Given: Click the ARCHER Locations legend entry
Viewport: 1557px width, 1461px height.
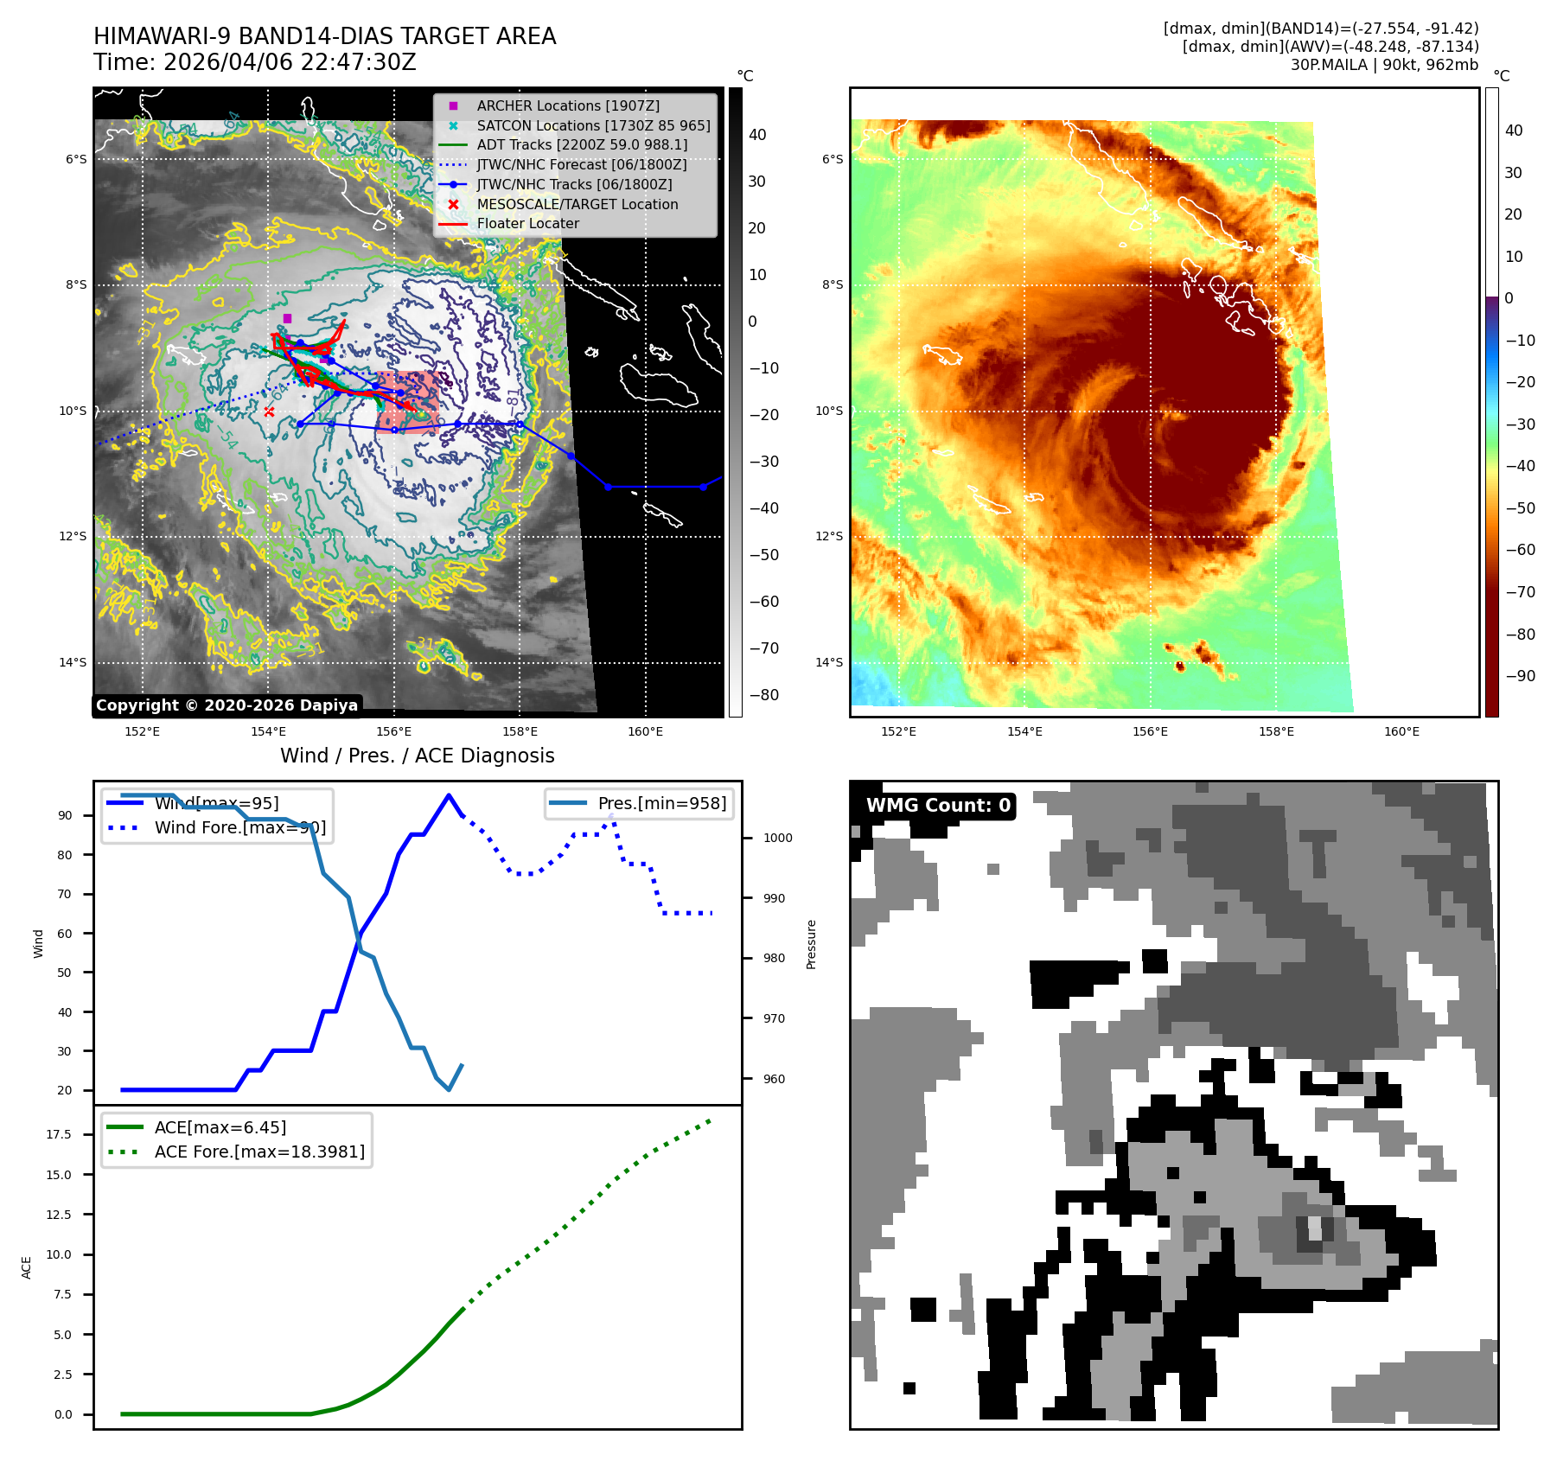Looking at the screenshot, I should pos(568,105).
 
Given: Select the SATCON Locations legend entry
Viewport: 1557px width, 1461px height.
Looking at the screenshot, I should pos(593,125).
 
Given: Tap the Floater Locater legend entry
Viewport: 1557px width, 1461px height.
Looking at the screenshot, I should pos(527,223).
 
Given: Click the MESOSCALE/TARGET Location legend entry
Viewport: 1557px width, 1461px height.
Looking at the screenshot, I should pos(577,204).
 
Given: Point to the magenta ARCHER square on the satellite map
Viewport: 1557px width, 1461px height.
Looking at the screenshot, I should pos(287,318).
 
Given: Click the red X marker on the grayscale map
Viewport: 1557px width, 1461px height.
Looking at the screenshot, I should pos(269,412).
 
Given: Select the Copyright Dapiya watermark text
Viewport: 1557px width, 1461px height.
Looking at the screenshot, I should pos(227,705).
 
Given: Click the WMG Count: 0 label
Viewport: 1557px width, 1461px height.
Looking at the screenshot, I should pos(938,806).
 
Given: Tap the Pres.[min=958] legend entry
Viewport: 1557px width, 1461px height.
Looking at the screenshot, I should pos(661,803).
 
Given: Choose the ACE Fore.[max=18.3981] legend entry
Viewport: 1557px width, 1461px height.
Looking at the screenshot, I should pos(259,1152).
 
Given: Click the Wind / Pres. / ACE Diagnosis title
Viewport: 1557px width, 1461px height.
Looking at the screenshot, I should pos(417,756).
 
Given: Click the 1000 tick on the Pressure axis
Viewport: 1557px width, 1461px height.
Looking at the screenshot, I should pos(778,838).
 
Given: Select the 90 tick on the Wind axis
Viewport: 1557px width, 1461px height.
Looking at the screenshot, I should pos(65,815).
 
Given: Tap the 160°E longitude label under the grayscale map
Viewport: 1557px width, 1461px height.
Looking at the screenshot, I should pos(645,731).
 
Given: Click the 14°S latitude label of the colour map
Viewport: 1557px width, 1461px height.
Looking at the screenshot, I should pos(829,662).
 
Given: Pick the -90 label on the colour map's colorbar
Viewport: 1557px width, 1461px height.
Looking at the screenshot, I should pos(1520,676).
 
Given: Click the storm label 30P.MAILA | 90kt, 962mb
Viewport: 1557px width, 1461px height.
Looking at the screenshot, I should pos(1384,65).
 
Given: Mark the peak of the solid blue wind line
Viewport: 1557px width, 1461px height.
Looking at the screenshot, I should pos(448,795).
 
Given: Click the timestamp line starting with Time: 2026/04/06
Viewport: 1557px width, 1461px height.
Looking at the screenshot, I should pos(255,62).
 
